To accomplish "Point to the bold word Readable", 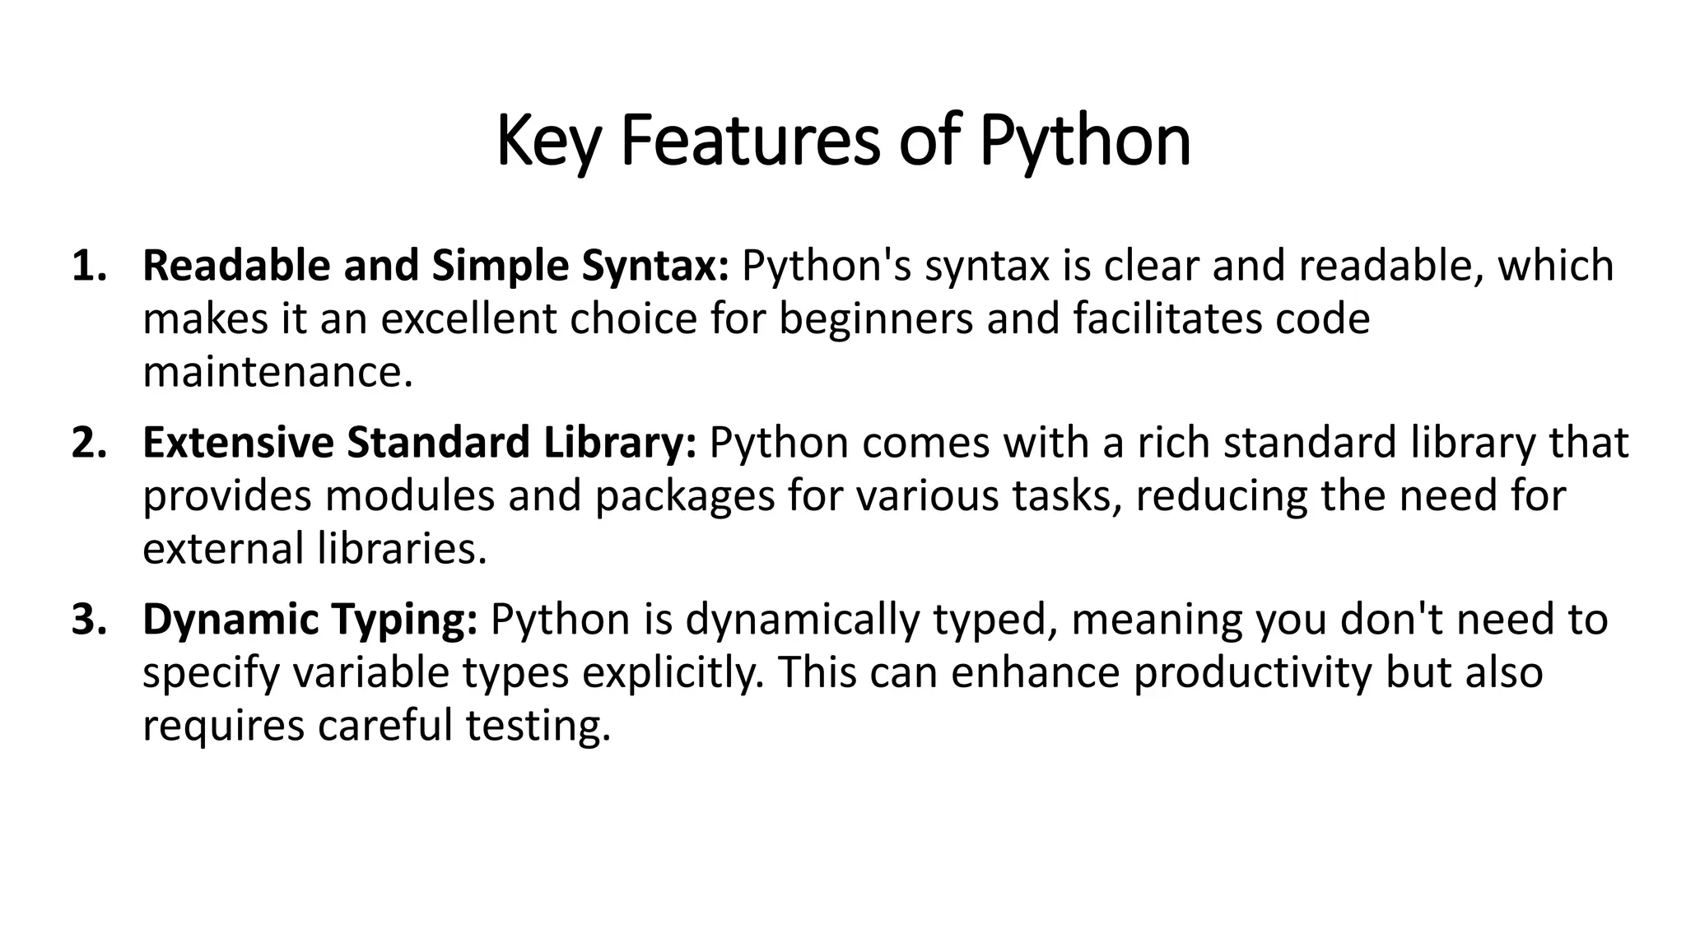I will tap(236, 266).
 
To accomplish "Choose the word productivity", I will tap(1253, 672).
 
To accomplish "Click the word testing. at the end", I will tap(538, 726).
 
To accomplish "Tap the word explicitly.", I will tap(673, 672).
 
